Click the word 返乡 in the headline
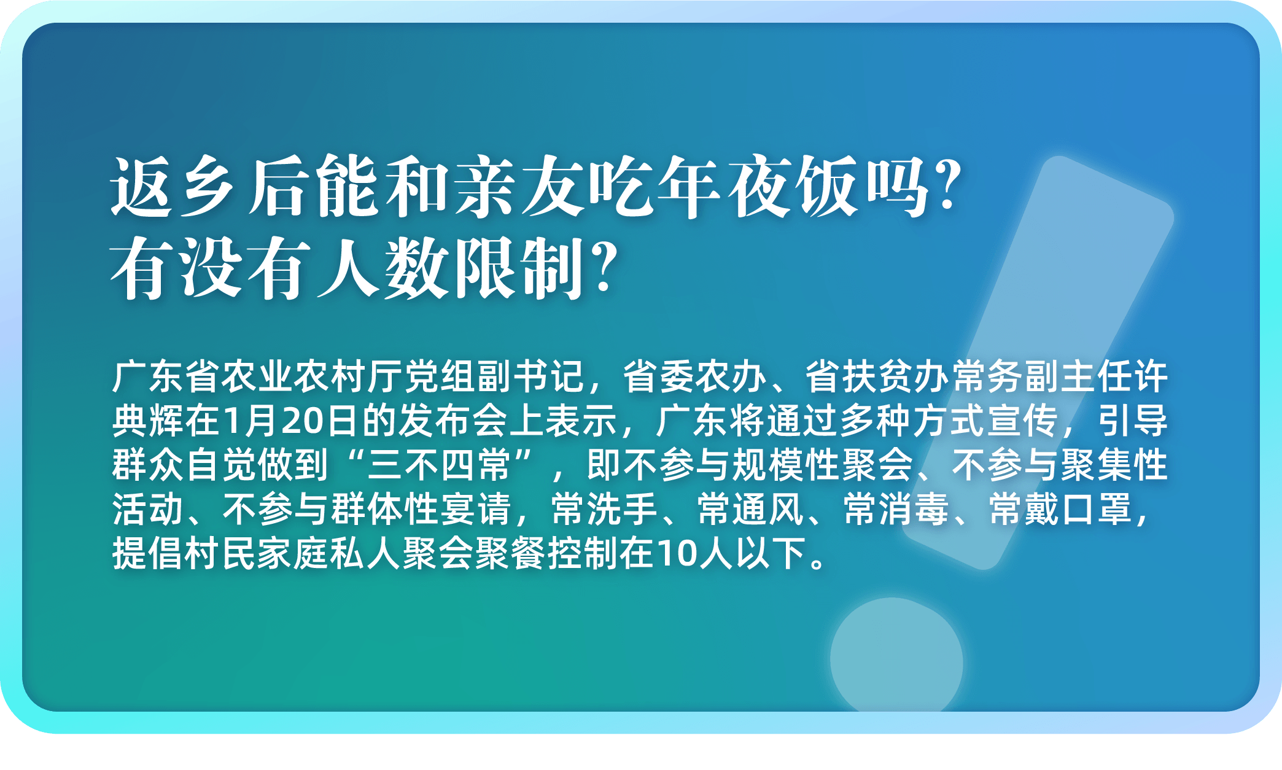point(173,186)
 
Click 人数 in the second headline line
point(384,269)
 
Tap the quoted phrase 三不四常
point(439,465)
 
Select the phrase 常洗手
point(604,509)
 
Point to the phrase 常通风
point(750,509)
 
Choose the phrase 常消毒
point(896,509)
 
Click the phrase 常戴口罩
point(1060,509)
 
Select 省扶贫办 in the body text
point(878,376)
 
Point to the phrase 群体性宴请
point(421,509)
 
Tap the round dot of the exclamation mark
point(896,655)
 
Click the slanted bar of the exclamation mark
point(1038,362)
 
